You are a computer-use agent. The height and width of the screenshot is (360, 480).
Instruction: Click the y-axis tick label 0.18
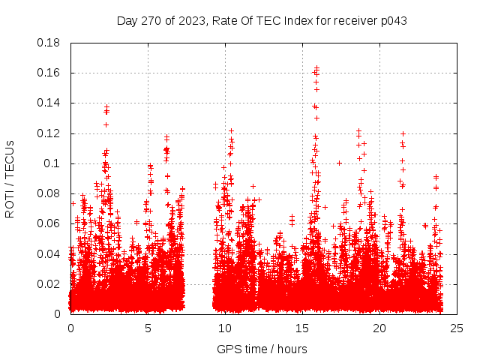(49, 43)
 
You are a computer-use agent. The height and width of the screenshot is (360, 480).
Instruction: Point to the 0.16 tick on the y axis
(49, 73)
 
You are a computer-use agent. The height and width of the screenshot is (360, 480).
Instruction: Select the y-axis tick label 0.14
(49, 103)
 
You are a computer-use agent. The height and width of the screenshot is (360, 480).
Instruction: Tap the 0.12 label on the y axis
(49, 133)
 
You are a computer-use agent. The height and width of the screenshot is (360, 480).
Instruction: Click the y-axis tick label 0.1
(52, 163)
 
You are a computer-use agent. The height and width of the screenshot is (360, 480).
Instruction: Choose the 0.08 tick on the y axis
(49, 193)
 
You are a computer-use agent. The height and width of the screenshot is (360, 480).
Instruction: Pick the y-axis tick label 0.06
(49, 223)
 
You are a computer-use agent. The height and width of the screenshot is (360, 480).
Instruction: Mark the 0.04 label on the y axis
(49, 253)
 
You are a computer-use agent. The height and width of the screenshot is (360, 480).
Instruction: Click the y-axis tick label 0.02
(49, 283)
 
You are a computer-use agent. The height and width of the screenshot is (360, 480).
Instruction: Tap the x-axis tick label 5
(148, 328)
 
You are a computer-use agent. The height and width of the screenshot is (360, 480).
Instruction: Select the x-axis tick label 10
(225, 328)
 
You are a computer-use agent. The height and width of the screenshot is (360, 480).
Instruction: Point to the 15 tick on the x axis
(302, 328)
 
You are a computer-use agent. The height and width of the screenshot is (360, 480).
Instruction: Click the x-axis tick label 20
(379, 328)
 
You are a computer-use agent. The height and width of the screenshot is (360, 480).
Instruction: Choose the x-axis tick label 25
(457, 328)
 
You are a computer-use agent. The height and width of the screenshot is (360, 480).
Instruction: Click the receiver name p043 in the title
(392, 20)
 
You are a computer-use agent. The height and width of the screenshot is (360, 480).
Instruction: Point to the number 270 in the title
(151, 20)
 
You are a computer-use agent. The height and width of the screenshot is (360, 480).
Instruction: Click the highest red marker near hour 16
(316, 67)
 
